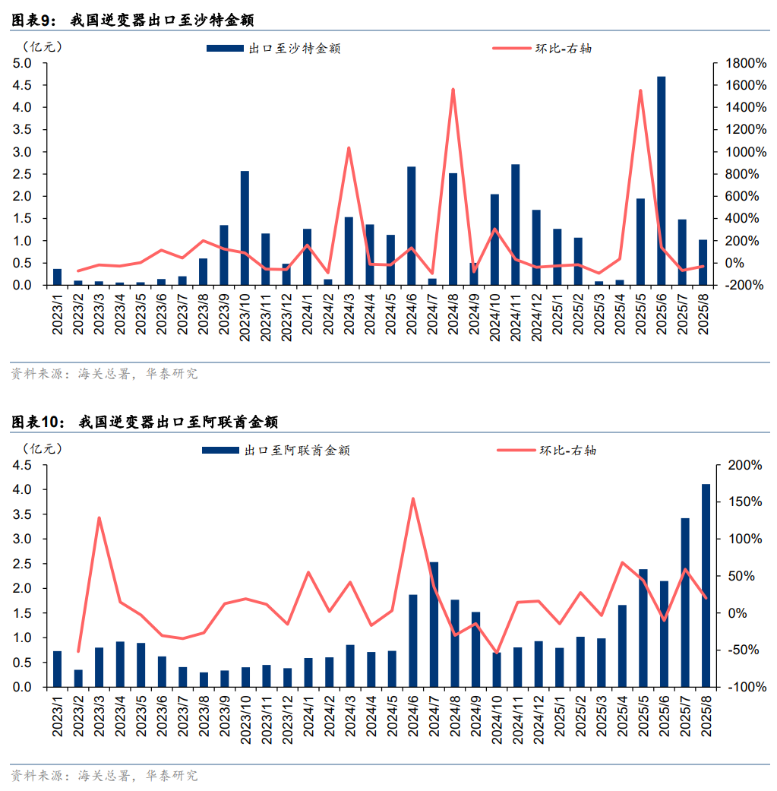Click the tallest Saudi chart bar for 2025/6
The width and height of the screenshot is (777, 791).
coord(661,181)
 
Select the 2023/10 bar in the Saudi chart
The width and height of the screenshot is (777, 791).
coord(245,228)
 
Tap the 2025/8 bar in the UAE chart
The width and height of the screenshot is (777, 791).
coord(706,585)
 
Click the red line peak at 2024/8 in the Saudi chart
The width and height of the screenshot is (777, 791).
coord(453,90)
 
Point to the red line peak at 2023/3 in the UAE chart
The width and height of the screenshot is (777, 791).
coord(99,518)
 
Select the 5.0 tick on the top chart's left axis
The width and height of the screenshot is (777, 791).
coord(21,63)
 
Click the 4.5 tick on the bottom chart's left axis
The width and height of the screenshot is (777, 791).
coord(21,465)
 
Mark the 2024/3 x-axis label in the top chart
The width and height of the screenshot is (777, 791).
coord(349,314)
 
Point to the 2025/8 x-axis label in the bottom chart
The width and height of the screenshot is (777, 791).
coord(706,716)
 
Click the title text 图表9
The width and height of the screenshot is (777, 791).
coord(33,21)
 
